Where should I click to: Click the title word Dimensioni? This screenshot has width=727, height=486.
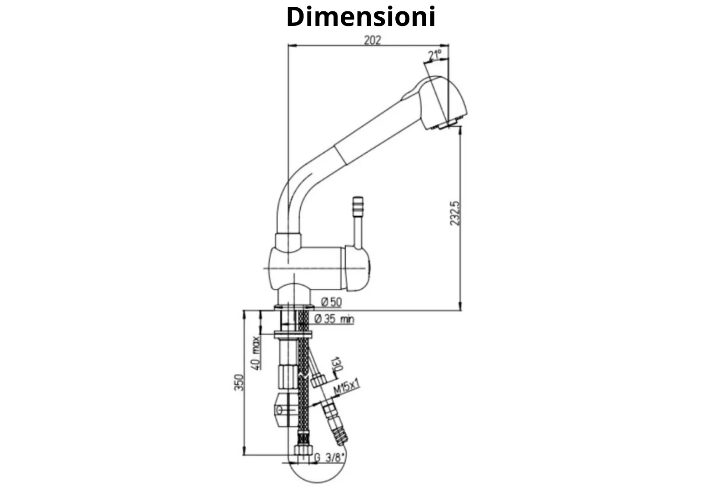click(x=361, y=17)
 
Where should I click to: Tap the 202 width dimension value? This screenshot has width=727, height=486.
click(x=372, y=40)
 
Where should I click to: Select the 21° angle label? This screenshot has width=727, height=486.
click(x=434, y=55)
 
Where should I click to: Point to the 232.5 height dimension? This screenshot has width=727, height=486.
click(x=455, y=213)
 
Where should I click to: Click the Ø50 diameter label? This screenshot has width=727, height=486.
click(x=331, y=302)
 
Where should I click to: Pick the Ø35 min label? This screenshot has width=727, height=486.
click(x=334, y=319)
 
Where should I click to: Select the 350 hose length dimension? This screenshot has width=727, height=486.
click(x=239, y=382)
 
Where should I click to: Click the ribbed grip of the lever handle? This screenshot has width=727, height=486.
click(x=358, y=207)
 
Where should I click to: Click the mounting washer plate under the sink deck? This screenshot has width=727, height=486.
click(x=293, y=335)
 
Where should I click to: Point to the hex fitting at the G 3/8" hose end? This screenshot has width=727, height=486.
click(x=303, y=451)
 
